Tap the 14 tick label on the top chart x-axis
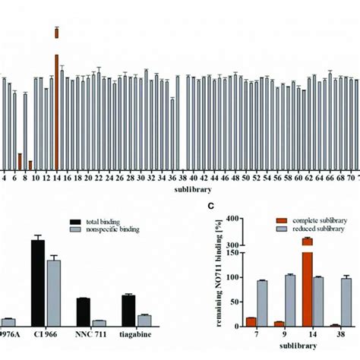[57, 178]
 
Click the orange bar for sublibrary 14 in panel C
[285, 289]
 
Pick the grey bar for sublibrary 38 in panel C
[346, 302]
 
